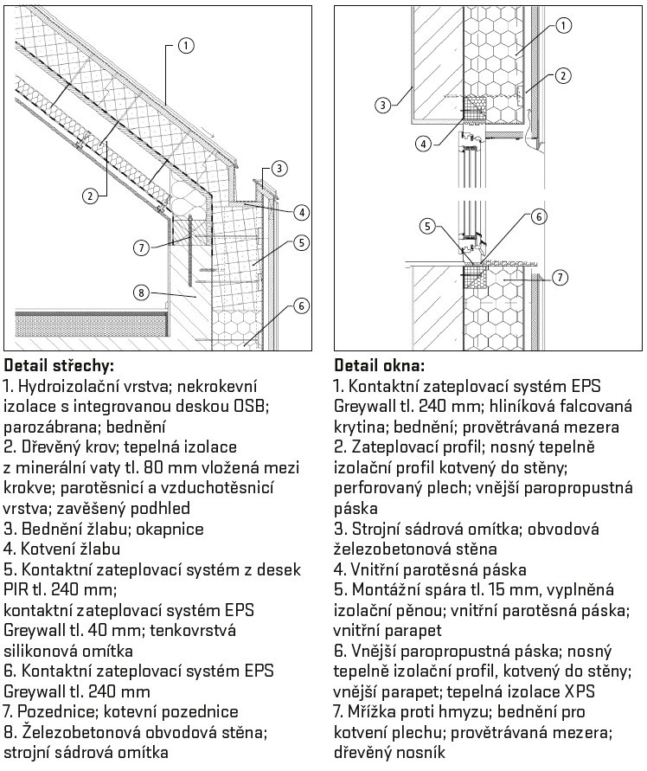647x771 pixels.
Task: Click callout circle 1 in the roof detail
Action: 186,46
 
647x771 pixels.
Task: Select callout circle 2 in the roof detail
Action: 89,196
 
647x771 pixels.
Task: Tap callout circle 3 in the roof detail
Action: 279,168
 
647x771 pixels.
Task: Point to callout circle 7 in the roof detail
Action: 141,247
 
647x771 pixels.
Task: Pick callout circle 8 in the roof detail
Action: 141,293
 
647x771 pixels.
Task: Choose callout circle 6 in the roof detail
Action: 301,305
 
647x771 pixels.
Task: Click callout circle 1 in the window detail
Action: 563,26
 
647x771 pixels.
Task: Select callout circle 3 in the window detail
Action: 383,104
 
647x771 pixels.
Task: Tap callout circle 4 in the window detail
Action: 423,144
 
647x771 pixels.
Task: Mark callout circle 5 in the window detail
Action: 427,226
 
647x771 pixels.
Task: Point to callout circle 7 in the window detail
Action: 560,277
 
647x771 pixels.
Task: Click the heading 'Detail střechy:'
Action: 59,366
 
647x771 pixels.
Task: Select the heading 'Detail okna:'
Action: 379,366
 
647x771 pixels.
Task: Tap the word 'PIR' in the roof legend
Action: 16,588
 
